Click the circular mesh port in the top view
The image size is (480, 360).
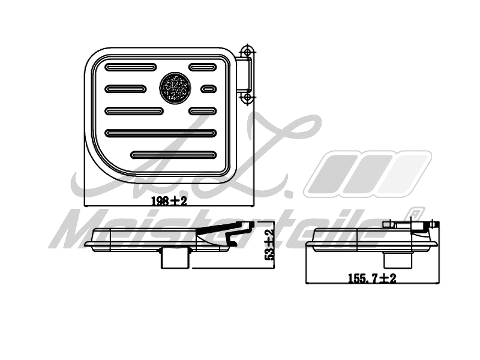point(175,88)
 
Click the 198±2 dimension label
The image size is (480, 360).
point(169,202)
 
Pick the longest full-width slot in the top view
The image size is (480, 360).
point(160,133)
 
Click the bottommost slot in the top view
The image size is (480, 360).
point(173,155)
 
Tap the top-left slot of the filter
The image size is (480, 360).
point(131,67)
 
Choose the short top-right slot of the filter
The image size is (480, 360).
point(202,67)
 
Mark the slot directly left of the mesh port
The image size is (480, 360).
point(125,89)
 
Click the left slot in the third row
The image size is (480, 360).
point(134,110)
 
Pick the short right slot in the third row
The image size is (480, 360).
point(202,110)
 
